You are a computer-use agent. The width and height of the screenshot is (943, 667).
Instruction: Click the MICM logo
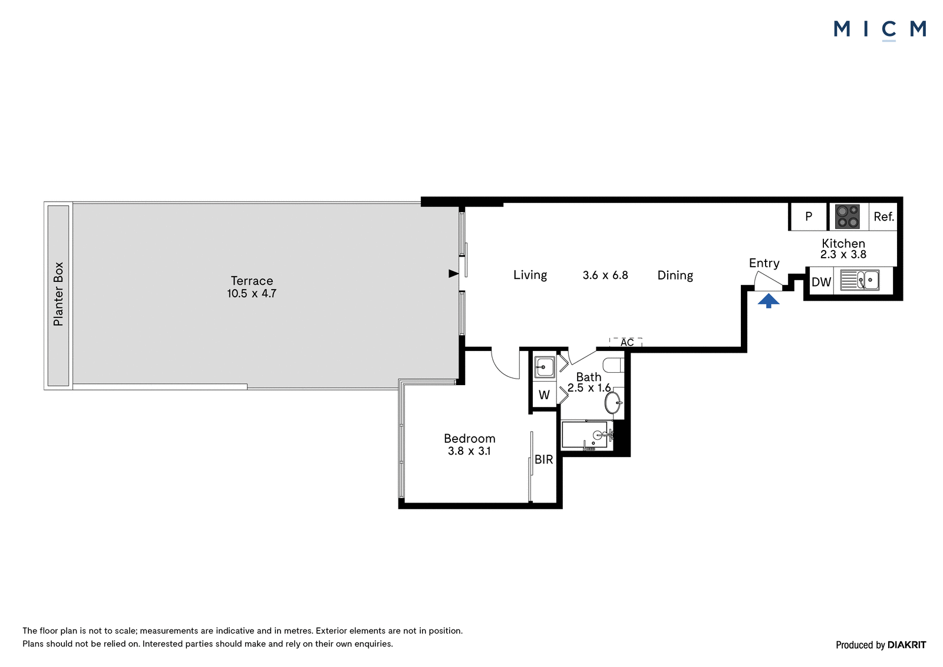(x=879, y=30)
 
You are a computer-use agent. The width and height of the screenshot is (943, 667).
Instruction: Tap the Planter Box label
(x=58, y=294)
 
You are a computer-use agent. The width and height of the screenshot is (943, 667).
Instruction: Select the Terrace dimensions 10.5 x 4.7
(x=252, y=294)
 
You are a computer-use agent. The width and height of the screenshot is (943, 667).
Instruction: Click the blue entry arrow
(x=769, y=301)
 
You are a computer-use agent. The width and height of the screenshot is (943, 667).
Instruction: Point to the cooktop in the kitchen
(x=848, y=216)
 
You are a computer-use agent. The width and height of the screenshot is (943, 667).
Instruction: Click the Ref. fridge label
(x=883, y=217)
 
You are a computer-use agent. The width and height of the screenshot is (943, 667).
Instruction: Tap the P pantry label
(x=809, y=216)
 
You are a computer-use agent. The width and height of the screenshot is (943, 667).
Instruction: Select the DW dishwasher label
(x=822, y=282)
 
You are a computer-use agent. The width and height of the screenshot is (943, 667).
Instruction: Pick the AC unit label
(x=627, y=343)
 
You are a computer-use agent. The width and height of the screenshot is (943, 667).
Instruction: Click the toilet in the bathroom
(x=614, y=365)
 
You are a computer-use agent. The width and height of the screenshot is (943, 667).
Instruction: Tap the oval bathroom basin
(x=613, y=403)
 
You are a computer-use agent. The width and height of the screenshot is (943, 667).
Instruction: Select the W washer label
(x=544, y=395)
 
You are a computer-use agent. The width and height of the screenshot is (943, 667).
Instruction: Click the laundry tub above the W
(x=545, y=367)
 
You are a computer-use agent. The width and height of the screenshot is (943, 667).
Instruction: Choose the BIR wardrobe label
(x=543, y=459)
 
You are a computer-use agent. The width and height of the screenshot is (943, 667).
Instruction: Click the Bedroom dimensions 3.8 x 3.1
(x=469, y=451)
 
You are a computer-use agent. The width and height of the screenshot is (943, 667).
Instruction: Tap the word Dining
(x=675, y=275)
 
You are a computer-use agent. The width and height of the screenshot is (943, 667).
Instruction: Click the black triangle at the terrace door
(x=453, y=274)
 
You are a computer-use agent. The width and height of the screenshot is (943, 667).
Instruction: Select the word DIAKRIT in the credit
(x=907, y=645)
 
